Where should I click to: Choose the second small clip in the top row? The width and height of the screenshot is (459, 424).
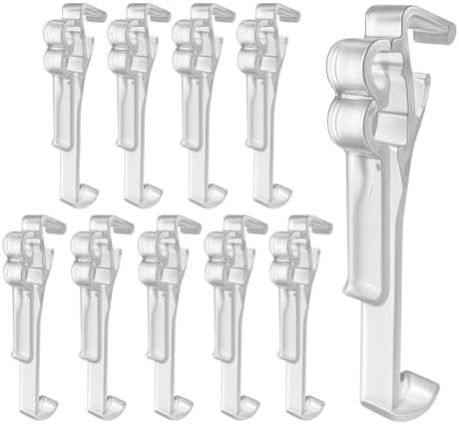click(135, 100)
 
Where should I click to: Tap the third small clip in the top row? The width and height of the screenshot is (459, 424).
click(200, 100)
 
